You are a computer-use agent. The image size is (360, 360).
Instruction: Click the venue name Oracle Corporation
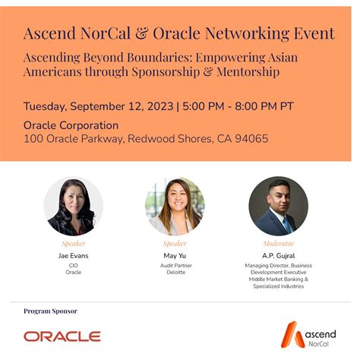[x=71, y=125]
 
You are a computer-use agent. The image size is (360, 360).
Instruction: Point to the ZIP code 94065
[x=251, y=139]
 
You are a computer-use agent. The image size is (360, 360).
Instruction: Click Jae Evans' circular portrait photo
[x=74, y=206]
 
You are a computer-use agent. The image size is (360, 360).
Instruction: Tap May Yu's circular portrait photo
[x=175, y=206]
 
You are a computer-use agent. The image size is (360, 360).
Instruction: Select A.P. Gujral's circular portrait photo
[x=278, y=206]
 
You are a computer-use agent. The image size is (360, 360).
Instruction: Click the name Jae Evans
[x=74, y=255]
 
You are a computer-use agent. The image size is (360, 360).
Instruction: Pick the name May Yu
[x=175, y=255]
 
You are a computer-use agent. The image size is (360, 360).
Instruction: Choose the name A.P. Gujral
[x=278, y=255]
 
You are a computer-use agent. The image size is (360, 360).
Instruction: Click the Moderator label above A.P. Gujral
[x=278, y=244]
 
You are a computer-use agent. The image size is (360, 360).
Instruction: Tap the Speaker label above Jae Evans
[x=74, y=244]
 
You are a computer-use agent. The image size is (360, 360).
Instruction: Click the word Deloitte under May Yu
[x=175, y=272]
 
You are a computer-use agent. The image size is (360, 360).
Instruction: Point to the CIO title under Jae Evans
[x=74, y=265]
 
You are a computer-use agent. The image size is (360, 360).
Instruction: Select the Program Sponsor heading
[x=50, y=311]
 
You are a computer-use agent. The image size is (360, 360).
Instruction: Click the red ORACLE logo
[x=62, y=336]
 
